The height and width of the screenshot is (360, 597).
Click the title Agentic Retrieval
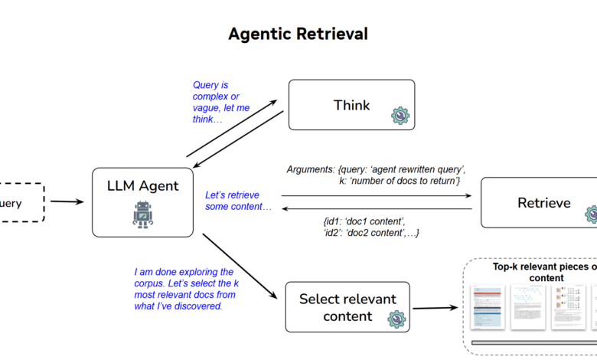click(x=298, y=34)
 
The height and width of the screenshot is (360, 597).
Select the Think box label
click(x=351, y=105)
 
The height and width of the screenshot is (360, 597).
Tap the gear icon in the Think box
click(x=400, y=116)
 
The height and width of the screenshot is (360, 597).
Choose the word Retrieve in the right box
click(x=544, y=203)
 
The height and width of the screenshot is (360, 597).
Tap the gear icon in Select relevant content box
click(x=396, y=317)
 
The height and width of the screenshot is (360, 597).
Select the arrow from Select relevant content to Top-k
click(x=437, y=308)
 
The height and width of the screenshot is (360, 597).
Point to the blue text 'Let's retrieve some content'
click(x=238, y=201)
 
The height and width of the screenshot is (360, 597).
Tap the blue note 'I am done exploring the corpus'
click(x=184, y=289)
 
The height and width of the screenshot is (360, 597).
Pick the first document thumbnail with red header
click(x=485, y=307)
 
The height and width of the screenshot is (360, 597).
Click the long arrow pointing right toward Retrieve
click(x=376, y=196)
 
